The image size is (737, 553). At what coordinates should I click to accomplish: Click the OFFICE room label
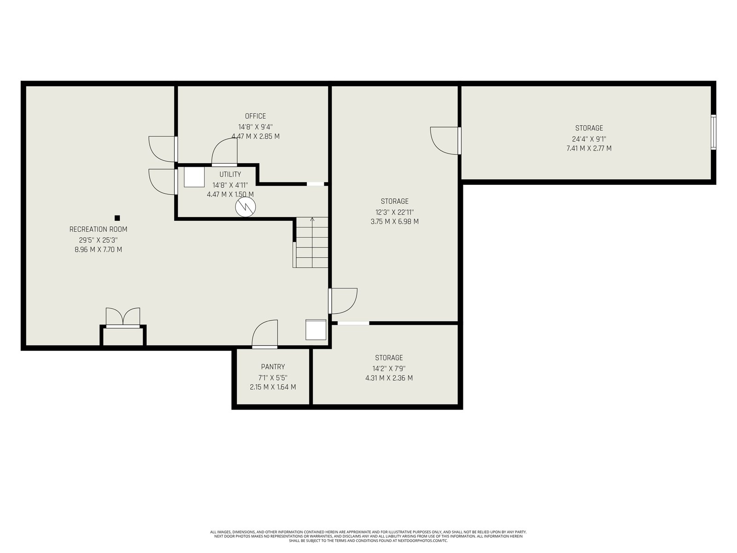tap(255, 116)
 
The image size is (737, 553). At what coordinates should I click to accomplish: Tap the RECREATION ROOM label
tap(99, 229)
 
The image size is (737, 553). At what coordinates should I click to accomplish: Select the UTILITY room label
tap(230, 174)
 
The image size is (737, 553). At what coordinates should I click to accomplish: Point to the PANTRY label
tap(273, 367)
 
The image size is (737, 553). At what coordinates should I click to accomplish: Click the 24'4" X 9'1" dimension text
tap(589, 139)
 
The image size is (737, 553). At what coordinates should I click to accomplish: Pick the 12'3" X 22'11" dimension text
tap(394, 212)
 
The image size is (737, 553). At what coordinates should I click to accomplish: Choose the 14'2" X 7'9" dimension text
tap(389, 368)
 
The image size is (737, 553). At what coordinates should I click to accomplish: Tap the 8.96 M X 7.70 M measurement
tap(99, 249)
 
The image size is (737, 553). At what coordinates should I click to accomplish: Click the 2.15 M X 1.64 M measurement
tap(273, 387)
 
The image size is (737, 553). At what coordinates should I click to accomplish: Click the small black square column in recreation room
tap(117, 218)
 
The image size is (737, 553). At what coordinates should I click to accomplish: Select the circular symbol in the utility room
tap(246, 207)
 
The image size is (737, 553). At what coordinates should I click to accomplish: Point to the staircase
tap(310, 242)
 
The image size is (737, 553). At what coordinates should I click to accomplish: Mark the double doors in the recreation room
tap(123, 318)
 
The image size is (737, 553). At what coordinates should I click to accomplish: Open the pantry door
tap(265, 334)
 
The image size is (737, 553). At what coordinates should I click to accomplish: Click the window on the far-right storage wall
tap(713, 132)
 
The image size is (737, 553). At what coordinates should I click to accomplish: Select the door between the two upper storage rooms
tap(445, 141)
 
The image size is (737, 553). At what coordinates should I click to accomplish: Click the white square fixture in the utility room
tap(194, 177)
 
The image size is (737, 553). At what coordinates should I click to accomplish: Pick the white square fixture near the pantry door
tap(316, 329)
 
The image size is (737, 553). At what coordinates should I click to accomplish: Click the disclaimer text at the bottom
tap(368, 536)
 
